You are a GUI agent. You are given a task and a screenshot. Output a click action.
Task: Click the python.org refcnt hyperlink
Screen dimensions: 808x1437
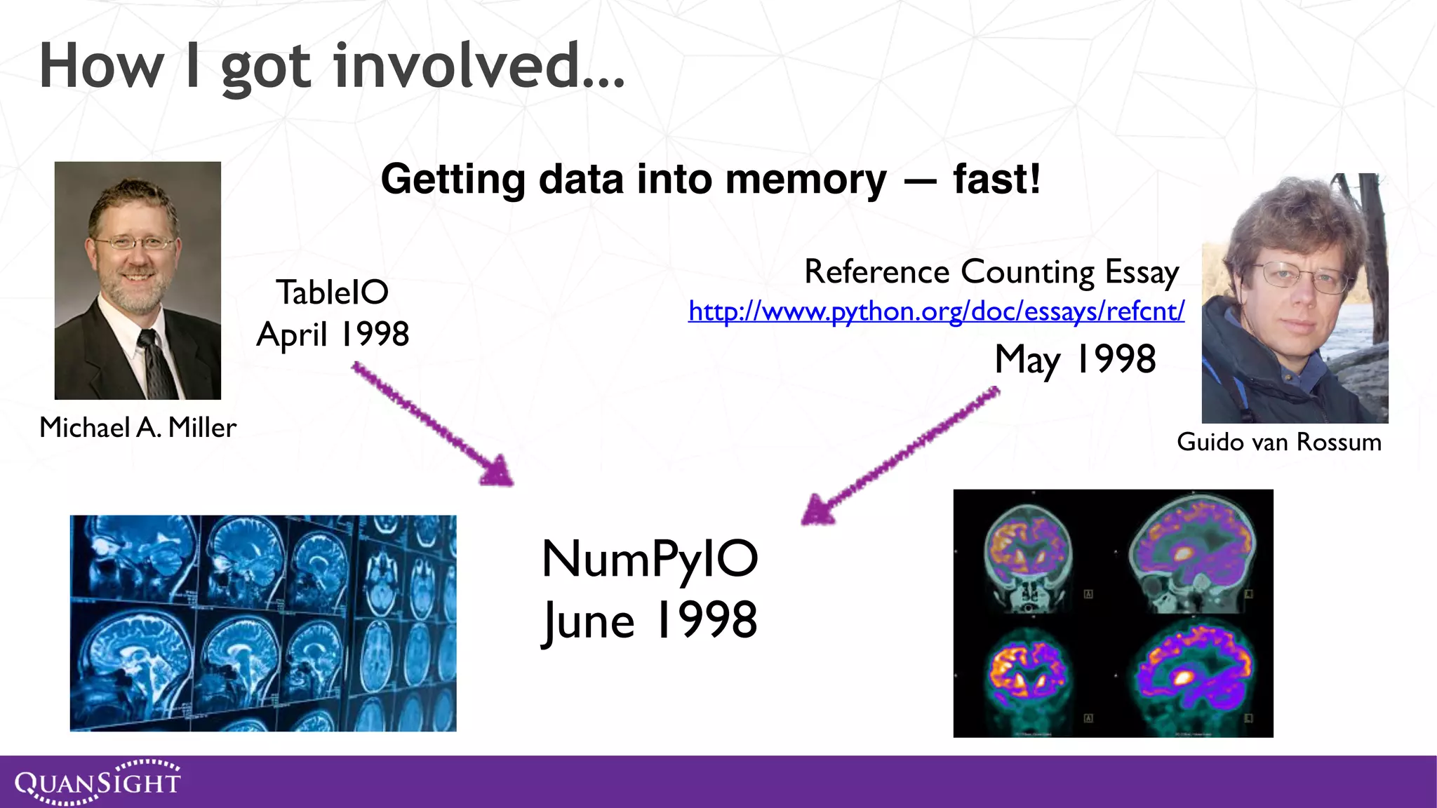[936, 311]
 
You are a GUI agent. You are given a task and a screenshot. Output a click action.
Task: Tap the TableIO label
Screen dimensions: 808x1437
[332, 292]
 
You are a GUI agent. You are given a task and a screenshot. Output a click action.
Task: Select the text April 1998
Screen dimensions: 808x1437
[333, 334]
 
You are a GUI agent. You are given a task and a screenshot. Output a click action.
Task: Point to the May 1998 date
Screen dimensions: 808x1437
[1074, 360]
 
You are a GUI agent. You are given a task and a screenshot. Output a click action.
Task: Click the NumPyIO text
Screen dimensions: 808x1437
[649, 560]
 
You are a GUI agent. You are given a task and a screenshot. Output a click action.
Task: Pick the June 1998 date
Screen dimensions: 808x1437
[649, 621]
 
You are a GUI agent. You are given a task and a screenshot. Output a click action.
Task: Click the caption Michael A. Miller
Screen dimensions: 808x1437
[138, 427]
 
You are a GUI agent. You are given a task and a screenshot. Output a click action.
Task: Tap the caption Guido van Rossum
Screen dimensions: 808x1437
[1278, 442]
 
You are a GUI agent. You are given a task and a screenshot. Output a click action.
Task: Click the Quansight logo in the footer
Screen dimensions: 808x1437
[98, 781]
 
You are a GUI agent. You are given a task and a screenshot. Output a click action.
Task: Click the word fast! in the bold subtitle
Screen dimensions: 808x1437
[996, 179]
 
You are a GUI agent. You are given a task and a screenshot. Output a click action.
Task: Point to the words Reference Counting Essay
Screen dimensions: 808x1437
[991, 271]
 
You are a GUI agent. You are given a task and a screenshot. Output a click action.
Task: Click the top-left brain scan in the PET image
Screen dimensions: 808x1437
[1028, 554]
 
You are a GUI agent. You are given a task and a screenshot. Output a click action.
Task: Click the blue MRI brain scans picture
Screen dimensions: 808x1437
[263, 623]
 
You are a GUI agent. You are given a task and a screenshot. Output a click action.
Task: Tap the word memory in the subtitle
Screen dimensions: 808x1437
[806, 179]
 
